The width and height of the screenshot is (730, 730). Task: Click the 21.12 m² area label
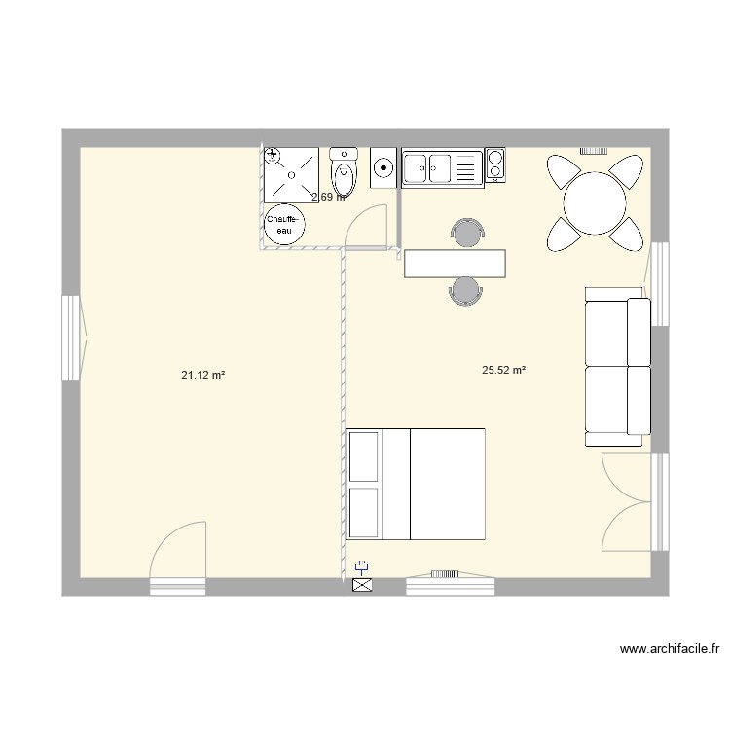click(x=203, y=374)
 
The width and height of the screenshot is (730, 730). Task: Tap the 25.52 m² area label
click(x=503, y=370)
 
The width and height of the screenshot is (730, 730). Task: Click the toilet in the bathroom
click(x=344, y=174)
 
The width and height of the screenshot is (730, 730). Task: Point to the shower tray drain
click(x=292, y=174)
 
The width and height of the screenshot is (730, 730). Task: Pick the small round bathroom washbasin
click(x=383, y=169)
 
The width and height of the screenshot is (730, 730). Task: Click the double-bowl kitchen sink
click(x=428, y=167)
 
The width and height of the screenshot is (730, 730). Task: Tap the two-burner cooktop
click(x=495, y=164)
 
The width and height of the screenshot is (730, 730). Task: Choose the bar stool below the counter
click(x=465, y=290)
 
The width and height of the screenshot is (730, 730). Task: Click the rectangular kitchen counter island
click(x=456, y=263)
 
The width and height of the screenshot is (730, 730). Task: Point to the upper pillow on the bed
click(x=366, y=456)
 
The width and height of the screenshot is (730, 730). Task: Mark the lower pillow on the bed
click(x=366, y=512)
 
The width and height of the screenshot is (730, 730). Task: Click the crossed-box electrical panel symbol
click(x=362, y=585)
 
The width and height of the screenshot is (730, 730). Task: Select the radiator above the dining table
click(x=595, y=151)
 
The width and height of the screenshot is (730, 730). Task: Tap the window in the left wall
click(x=71, y=339)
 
